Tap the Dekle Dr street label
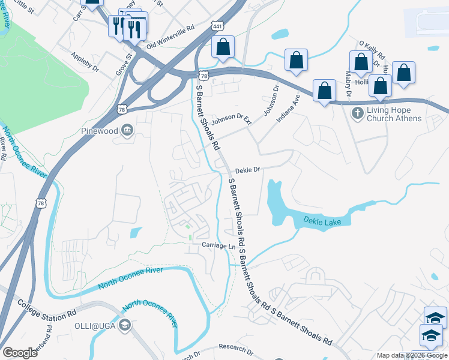click(x=247, y=170)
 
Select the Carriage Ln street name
click(x=218, y=246)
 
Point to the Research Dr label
click(x=232, y=347)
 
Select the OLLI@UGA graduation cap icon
click(x=124, y=326)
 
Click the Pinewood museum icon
click(x=127, y=130)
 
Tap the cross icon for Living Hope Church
click(x=357, y=113)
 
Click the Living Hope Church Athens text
click(x=394, y=114)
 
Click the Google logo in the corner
click(x=20, y=353)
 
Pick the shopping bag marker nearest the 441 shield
click(x=223, y=47)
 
